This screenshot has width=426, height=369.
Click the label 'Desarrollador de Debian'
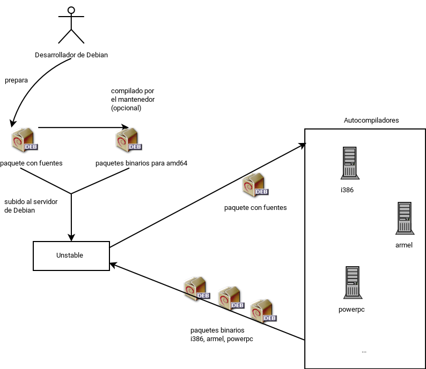(71, 55)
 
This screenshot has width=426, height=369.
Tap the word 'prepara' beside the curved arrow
(16, 80)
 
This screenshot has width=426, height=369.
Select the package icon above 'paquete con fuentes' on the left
(24, 140)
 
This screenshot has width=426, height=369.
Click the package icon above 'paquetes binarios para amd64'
(129, 139)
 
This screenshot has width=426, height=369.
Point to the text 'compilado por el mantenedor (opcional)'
(133, 99)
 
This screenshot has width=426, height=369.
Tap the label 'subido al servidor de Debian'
(31, 206)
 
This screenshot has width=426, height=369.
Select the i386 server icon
(349, 163)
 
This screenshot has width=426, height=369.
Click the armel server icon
(403, 218)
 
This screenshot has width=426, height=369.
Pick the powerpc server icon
(352, 282)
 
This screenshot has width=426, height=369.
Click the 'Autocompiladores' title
(371, 121)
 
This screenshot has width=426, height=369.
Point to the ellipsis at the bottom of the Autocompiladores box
(364, 351)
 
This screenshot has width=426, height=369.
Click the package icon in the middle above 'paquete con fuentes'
(255, 185)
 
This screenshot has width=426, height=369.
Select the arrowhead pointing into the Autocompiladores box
(302, 145)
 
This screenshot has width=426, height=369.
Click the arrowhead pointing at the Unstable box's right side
(113, 265)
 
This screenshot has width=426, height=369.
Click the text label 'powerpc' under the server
(352, 310)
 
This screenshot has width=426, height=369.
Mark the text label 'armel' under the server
(403, 245)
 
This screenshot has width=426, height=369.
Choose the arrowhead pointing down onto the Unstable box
(71, 237)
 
